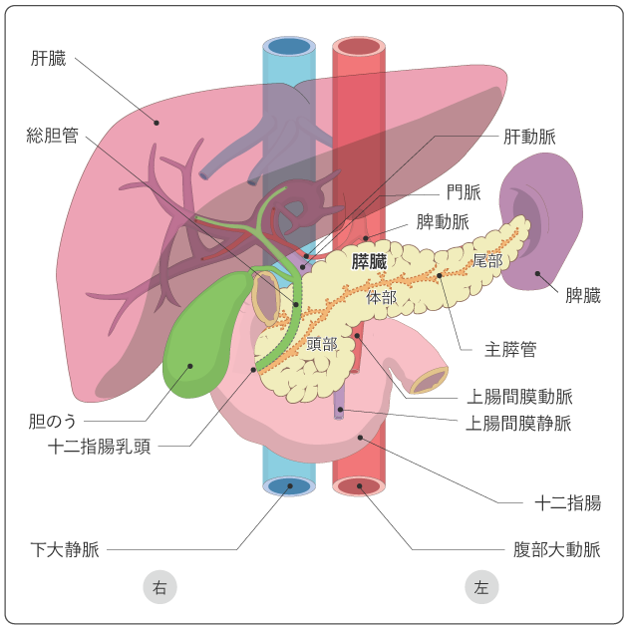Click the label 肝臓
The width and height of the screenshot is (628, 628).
[x=48, y=59]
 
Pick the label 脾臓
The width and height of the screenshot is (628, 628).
[x=583, y=295]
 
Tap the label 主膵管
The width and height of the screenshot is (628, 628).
[x=510, y=349]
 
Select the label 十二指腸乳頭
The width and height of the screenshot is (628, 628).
[x=100, y=447]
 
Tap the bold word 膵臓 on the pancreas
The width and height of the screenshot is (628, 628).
[x=369, y=262]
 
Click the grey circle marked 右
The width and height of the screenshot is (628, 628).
[x=159, y=587]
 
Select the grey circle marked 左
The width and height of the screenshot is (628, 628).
[x=481, y=587]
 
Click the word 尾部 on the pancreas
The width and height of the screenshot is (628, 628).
[x=487, y=261]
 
